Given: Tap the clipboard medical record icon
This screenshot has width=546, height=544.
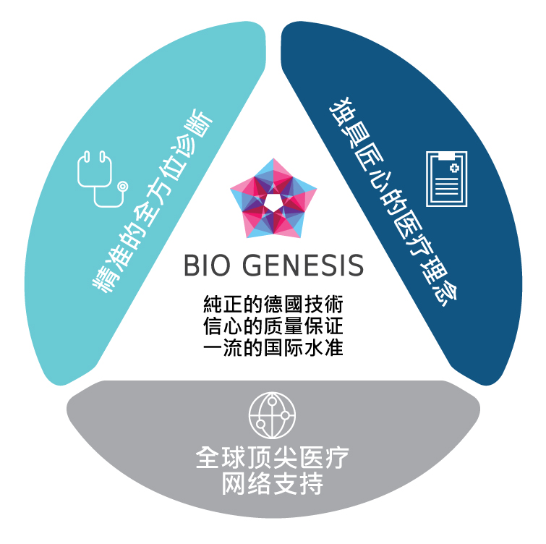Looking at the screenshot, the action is coord(447,179).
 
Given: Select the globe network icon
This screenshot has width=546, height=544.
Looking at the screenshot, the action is coord(273,415).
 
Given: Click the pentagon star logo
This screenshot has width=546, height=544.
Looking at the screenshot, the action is coord(273,198).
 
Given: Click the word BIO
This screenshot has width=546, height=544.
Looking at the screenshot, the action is coord(207,265).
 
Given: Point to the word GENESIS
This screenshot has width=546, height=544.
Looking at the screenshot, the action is coord(303,265).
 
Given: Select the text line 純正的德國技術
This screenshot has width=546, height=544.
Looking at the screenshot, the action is coord(273,305).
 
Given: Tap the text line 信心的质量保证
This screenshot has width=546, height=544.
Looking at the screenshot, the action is coord(273,326).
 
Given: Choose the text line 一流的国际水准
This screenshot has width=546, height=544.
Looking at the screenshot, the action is coord(273,347).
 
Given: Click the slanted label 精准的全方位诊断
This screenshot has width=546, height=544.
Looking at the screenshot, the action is coord(153,201).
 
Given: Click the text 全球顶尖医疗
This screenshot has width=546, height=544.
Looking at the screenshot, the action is coord(273,458).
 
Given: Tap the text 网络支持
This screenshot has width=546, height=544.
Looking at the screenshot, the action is coord(273,483).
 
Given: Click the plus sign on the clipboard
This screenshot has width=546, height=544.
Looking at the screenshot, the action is coord(454,169).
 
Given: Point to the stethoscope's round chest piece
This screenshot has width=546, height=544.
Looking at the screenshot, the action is coord(122,187).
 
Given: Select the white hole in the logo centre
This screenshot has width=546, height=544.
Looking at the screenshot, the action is coord(273,202).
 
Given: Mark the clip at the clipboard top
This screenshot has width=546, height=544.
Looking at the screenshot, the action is coord(447,156).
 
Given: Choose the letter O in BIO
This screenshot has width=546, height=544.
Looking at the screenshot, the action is coord(220,265).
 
